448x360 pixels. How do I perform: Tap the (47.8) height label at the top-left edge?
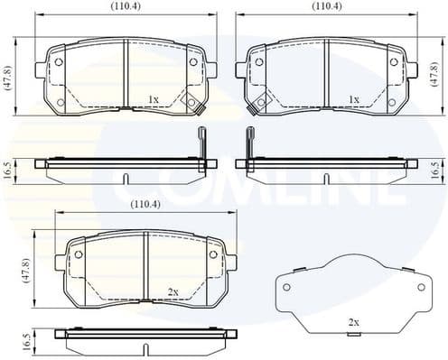pyautogui.click(x=7, y=79)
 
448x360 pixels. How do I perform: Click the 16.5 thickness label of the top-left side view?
pyautogui.click(x=7, y=170)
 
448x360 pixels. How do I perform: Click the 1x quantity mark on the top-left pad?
pyautogui.click(x=154, y=98)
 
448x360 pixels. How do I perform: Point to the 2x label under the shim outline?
pyautogui.click(x=354, y=323)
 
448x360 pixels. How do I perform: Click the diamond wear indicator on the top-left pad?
pyautogui.click(x=191, y=103)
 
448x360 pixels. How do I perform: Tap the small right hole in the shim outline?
pyautogui.click(x=419, y=284)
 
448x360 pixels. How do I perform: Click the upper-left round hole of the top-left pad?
pyautogui.click(x=60, y=62)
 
